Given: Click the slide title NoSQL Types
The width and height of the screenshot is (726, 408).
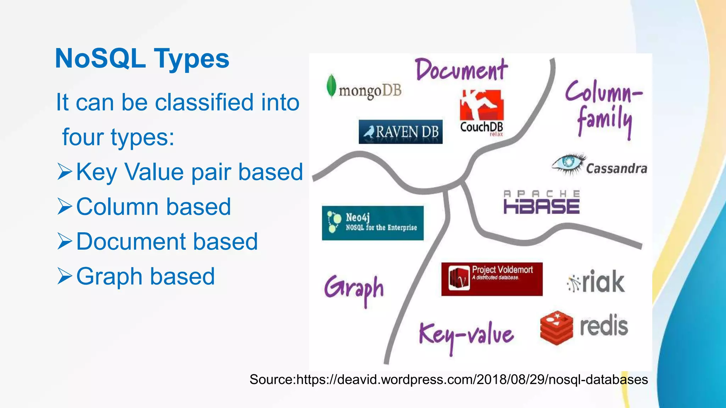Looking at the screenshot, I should tap(142, 58).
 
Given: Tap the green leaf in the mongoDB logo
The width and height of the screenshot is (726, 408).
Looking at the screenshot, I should tap(331, 86).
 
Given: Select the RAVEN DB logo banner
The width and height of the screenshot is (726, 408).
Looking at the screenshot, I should tap(401, 132).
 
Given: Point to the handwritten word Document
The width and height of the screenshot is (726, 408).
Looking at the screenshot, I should tap(461, 70).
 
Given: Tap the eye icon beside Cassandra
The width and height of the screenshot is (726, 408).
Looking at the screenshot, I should tap(568, 163).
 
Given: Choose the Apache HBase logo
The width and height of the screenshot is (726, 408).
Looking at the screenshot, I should tap(542, 202).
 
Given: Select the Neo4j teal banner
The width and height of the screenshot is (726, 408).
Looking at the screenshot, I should tap(373, 223).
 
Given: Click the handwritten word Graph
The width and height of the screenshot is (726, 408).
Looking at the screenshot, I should tap(354, 289).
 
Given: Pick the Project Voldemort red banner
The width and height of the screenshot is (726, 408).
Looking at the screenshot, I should tap(492, 279).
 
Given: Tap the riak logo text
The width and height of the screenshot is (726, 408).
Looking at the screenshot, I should tap(603, 282).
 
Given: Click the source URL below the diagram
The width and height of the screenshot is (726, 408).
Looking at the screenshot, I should tap(449, 380).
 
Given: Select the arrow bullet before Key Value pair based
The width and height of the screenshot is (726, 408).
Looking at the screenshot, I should tap(65, 172).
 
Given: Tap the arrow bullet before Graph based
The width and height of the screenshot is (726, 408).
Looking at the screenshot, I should tap(65, 276).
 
